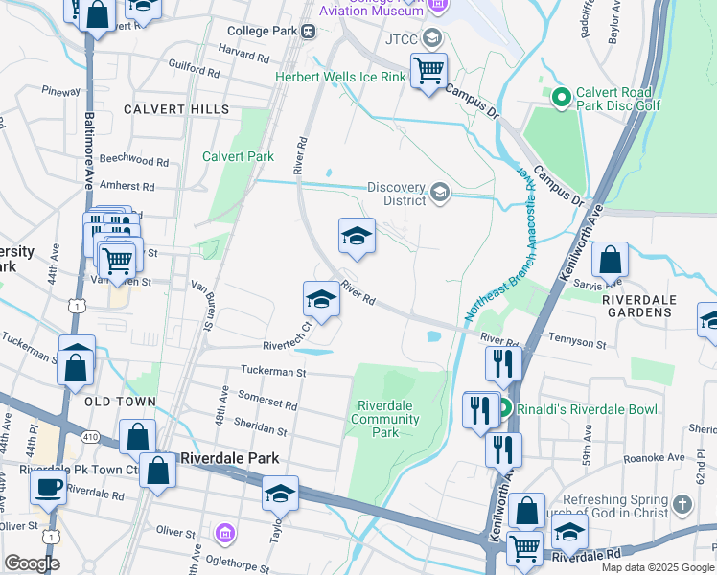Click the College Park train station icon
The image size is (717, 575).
(x=309, y=31)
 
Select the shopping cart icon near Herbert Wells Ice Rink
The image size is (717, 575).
(x=428, y=69)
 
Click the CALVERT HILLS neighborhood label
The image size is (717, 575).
(x=176, y=110)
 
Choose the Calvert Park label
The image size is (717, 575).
(x=238, y=156)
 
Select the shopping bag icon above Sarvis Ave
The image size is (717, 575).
(x=610, y=260)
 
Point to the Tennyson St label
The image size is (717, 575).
(x=576, y=343)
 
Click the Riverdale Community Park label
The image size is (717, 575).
(x=384, y=419)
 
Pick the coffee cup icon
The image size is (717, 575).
(x=47, y=486)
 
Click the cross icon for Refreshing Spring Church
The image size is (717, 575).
(x=682, y=504)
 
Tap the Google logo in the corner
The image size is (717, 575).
(x=32, y=563)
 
